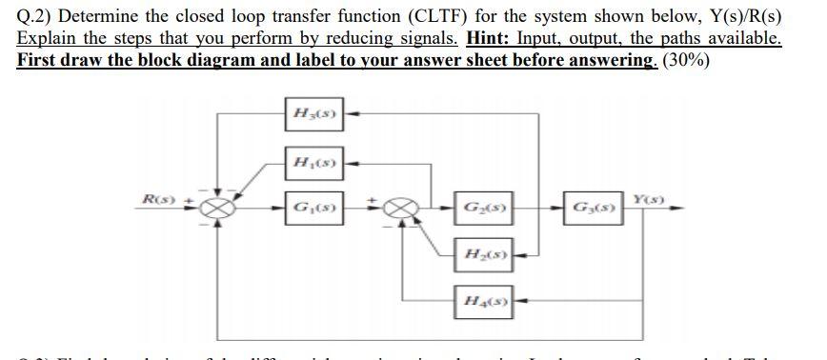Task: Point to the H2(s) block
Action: pos(481,254)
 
